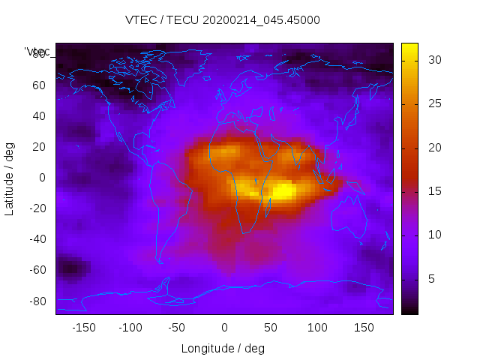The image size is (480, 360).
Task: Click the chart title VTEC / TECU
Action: click(x=223, y=20)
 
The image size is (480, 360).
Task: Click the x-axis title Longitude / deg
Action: click(x=223, y=348)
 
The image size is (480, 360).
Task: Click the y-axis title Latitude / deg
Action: click(x=10, y=178)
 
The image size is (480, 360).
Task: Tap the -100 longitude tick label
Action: click(x=130, y=327)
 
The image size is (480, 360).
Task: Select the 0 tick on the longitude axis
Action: click(x=223, y=327)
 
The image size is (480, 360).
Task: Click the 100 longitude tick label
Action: click(x=316, y=327)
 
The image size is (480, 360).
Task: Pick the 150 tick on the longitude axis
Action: click(x=363, y=327)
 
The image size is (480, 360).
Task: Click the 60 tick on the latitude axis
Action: click(x=39, y=85)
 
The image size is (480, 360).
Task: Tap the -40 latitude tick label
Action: click(x=37, y=239)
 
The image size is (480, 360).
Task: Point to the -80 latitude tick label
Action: click(x=37, y=301)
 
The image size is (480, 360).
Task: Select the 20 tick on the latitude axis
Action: click(x=39, y=147)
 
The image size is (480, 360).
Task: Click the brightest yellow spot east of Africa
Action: click(x=281, y=191)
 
